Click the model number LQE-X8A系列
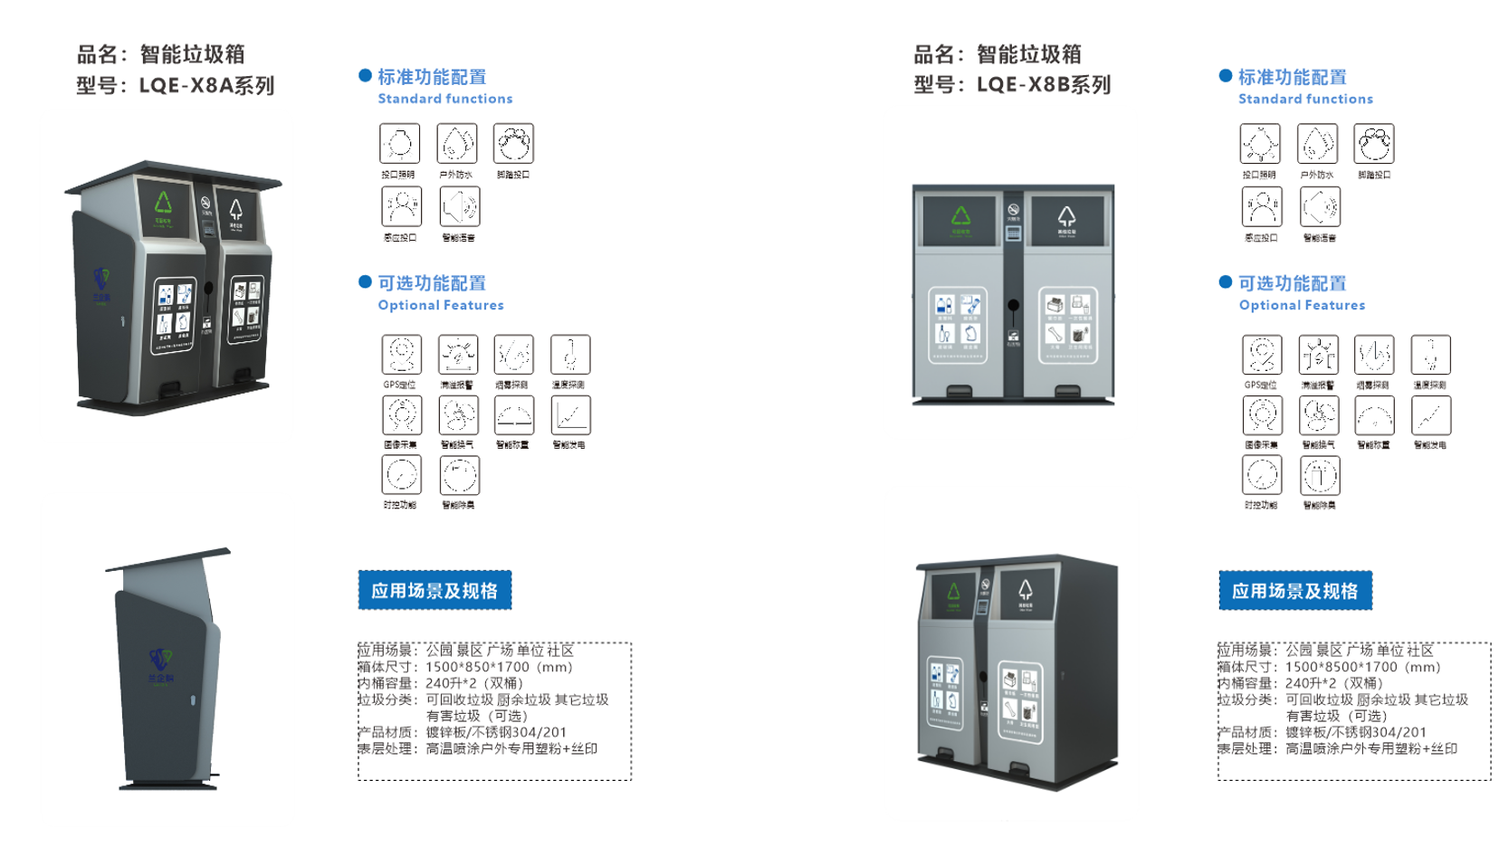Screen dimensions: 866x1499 point(206,86)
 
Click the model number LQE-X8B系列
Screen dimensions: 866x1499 point(1043,85)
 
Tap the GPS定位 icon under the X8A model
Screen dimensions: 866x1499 point(401,354)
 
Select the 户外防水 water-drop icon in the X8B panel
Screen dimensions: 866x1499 point(1317,143)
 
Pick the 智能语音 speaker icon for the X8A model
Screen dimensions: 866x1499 point(459,206)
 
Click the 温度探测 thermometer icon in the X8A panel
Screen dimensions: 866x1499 point(570,354)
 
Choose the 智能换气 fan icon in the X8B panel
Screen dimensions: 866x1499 point(1319,415)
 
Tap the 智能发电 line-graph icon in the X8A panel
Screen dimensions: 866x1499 point(570,414)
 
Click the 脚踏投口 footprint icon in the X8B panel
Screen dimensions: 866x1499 point(1374,143)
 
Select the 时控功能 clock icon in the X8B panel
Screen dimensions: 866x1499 point(1262,475)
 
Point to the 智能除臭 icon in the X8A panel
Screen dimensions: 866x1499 point(459,475)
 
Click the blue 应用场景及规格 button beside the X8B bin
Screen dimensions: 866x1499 point(1294,591)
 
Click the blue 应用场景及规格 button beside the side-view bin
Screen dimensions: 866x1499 point(434,591)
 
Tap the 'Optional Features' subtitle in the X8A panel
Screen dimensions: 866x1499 point(441,305)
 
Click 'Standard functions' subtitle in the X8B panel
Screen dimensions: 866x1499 point(1305,99)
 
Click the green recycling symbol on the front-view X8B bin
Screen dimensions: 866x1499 point(960,215)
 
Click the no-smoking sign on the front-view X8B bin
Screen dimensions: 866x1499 point(1014,210)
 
